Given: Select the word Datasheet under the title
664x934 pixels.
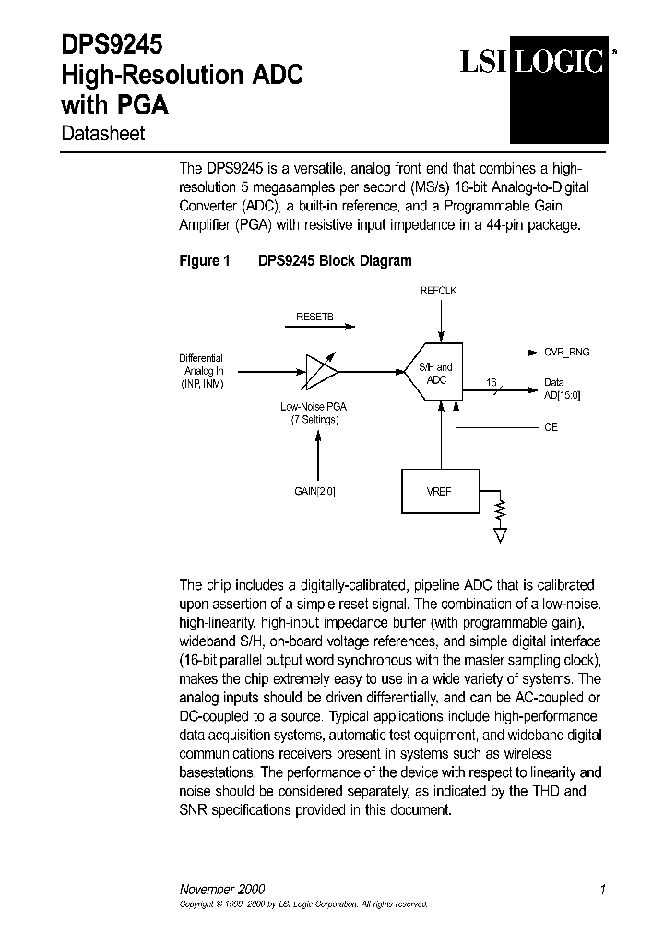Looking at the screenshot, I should [102, 134].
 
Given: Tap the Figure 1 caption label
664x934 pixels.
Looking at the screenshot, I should [204, 261].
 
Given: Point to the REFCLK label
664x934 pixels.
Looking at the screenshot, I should [438, 291].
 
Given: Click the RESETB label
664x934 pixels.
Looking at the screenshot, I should [314, 316].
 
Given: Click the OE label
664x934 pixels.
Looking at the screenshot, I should [551, 427].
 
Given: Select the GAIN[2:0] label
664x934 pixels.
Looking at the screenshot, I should [315, 492].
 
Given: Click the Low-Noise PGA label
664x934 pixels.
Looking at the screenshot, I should [314, 413].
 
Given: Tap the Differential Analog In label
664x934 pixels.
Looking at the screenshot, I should [201, 370].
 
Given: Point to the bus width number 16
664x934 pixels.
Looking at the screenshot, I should [491, 380].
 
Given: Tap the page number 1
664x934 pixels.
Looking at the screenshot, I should [602, 890].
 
